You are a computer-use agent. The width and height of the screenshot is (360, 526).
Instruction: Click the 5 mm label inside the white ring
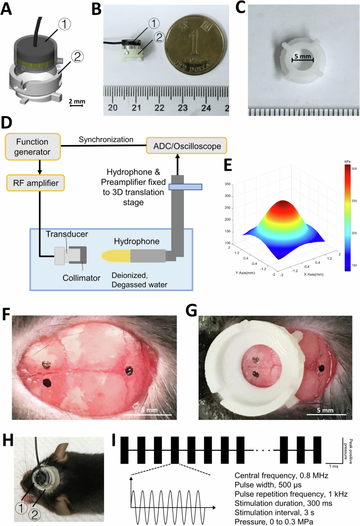click(x=302, y=55)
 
